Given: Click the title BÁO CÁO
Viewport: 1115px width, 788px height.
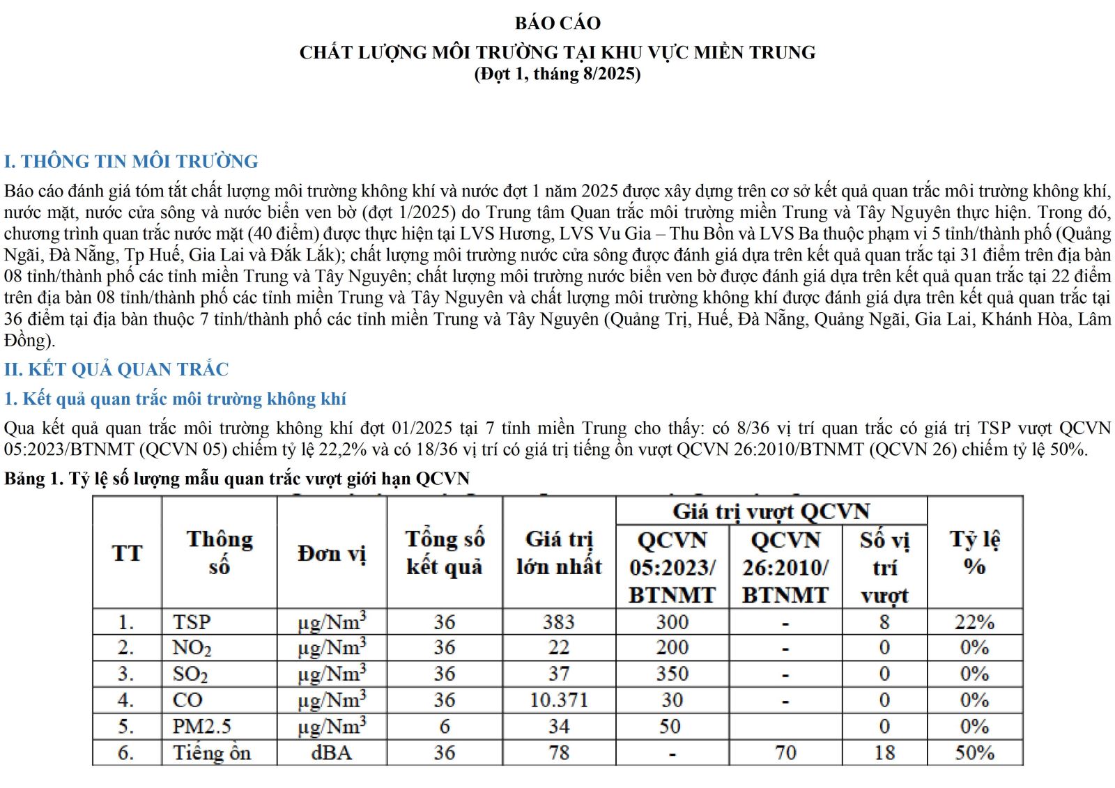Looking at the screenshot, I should [x=557, y=23].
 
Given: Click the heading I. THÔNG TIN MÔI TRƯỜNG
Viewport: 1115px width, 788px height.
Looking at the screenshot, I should [x=131, y=162].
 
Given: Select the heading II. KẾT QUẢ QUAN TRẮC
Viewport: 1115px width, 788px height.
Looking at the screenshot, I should [x=116, y=369].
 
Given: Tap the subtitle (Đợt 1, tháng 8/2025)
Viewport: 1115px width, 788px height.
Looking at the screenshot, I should [x=557, y=74].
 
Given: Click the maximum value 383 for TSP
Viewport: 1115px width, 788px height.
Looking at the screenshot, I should [x=559, y=621].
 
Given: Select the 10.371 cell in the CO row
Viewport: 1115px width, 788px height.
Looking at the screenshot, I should [x=559, y=700].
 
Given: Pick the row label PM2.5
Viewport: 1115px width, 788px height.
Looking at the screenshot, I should [x=202, y=727].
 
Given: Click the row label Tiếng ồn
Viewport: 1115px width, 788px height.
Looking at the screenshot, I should [x=212, y=753].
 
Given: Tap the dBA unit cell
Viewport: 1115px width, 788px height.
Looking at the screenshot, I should [x=332, y=753].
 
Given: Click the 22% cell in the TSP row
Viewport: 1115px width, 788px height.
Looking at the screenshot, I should [x=974, y=621].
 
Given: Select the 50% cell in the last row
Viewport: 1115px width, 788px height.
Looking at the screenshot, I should [x=974, y=753].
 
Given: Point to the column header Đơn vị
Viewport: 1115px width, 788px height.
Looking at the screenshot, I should [x=332, y=553].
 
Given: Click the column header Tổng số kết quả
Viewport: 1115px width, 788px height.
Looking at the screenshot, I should [x=445, y=553].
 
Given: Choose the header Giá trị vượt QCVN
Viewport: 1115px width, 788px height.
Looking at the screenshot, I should [x=771, y=511].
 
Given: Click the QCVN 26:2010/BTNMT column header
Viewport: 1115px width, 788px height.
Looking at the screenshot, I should [x=785, y=567].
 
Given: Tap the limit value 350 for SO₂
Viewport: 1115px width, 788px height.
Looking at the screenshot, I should [x=672, y=674].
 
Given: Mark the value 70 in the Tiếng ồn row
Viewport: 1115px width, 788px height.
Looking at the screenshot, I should [x=785, y=753].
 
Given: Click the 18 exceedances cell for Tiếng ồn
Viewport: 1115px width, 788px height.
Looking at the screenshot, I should [x=884, y=753].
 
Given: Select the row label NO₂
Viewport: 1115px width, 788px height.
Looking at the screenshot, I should [x=192, y=648].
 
